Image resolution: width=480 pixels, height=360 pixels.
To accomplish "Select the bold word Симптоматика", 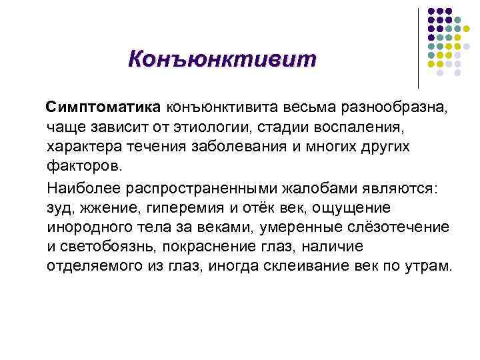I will (102, 107).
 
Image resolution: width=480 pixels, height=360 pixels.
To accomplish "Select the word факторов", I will (85, 165).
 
